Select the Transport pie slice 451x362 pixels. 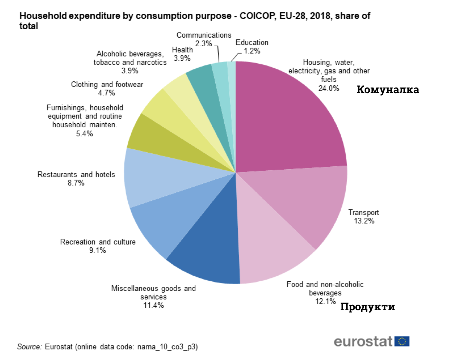(302, 203)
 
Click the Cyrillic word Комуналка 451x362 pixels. (388, 90)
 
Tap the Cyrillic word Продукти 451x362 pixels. (368, 307)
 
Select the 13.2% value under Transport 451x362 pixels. (364, 221)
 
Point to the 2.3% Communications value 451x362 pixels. (203, 44)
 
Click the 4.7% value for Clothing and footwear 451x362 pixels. (106, 93)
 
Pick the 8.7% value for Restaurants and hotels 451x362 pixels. (76, 183)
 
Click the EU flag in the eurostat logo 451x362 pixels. (402, 341)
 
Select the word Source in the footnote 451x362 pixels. (29, 347)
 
